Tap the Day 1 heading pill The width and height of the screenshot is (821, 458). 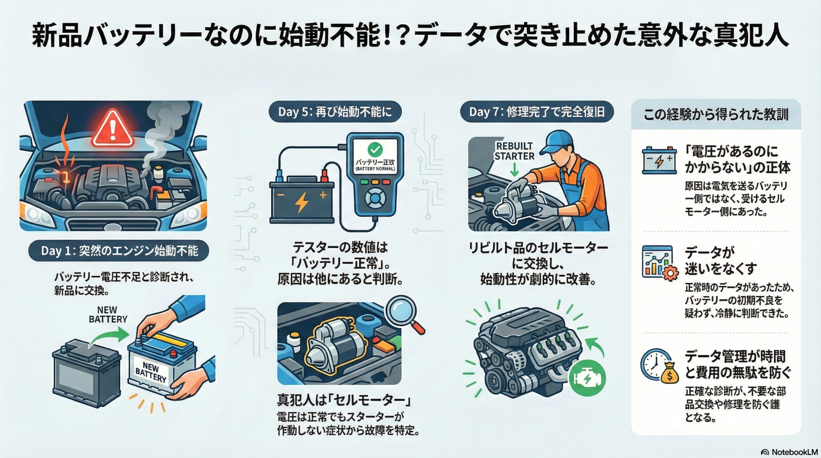pyautogui.click(x=119, y=251)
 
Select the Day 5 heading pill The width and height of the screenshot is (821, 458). pyautogui.click(x=335, y=112)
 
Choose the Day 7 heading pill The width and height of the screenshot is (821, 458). pyautogui.click(x=537, y=112)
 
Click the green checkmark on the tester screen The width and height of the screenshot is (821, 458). pyautogui.click(x=375, y=149)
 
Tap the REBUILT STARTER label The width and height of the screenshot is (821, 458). pyautogui.click(x=514, y=151)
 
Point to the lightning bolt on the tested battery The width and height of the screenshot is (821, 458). pyautogui.click(x=301, y=202)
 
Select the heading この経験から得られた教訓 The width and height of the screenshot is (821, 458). pyautogui.click(x=716, y=114)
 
